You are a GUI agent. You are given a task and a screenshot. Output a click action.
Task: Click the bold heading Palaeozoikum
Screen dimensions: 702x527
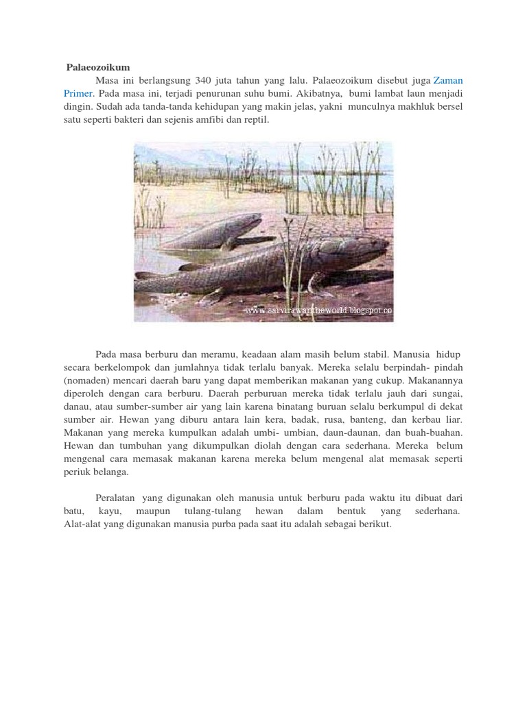coord(98,66)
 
